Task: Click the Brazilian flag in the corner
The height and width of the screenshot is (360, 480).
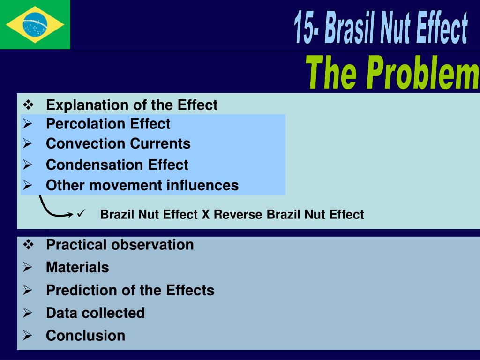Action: click(35, 24)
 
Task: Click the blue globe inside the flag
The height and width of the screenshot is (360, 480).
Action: click(35, 24)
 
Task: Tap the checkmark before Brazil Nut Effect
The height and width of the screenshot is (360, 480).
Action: click(81, 214)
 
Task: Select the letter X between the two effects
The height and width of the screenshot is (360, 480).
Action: click(205, 215)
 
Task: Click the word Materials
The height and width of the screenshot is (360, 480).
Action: click(77, 268)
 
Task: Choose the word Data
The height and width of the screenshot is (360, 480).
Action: click(61, 313)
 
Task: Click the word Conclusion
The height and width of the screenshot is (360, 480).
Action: click(85, 336)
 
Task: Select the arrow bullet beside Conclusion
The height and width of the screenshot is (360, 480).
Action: click(28, 336)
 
